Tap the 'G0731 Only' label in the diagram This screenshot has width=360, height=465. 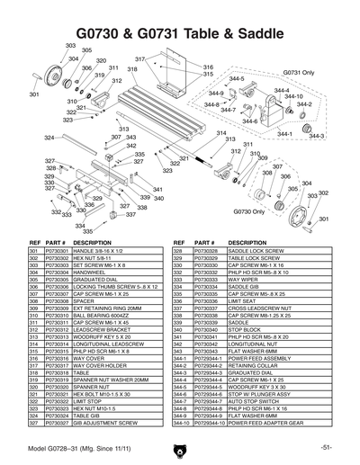tap(296, 71)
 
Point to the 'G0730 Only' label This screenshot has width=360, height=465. tap(246, 211)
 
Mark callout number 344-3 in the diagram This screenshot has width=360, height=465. tap(316, 136)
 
